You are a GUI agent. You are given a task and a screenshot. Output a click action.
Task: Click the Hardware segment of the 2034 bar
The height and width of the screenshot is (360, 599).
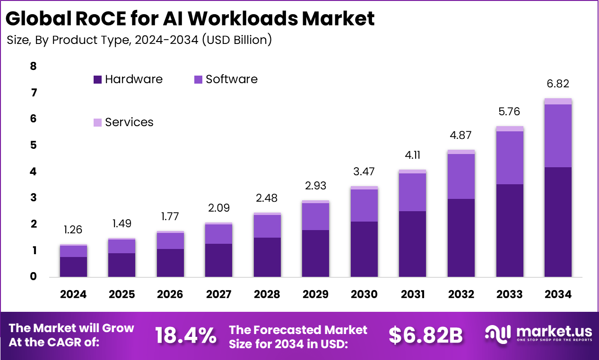coord(558,222)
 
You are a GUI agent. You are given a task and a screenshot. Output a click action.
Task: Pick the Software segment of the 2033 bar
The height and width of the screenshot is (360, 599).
coord(509,158)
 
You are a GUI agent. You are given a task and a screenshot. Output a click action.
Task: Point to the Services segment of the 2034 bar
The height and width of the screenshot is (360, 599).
coord(558,101)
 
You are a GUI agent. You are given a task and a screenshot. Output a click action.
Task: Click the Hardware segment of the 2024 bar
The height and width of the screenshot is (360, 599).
coord(73,267)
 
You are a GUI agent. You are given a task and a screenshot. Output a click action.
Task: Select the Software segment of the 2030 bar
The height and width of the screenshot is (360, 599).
coord(364,206)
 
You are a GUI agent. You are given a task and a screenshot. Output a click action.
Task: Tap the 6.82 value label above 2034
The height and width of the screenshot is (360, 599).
coord(558,84)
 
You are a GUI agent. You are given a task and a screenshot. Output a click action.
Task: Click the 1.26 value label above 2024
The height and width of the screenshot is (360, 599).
coord(73,230)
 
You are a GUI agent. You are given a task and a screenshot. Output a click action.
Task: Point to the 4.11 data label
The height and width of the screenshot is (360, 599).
coord(413,155)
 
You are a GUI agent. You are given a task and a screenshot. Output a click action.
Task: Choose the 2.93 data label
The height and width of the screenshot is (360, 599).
coord(315,186)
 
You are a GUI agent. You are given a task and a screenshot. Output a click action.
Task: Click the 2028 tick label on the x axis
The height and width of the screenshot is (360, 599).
coord(267,294)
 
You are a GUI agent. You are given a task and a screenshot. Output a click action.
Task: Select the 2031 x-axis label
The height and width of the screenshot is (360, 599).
coord(413,294)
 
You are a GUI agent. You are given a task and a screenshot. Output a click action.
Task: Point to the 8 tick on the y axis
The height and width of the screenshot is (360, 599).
coord(33,67)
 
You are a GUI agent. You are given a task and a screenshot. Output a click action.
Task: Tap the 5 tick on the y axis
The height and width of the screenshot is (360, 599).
coord(33,146)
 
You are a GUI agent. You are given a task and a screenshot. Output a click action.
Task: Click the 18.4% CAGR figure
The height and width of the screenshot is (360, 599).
coord(186,335)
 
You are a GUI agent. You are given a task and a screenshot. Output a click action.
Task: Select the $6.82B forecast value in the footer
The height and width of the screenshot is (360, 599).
coord(425,335)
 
